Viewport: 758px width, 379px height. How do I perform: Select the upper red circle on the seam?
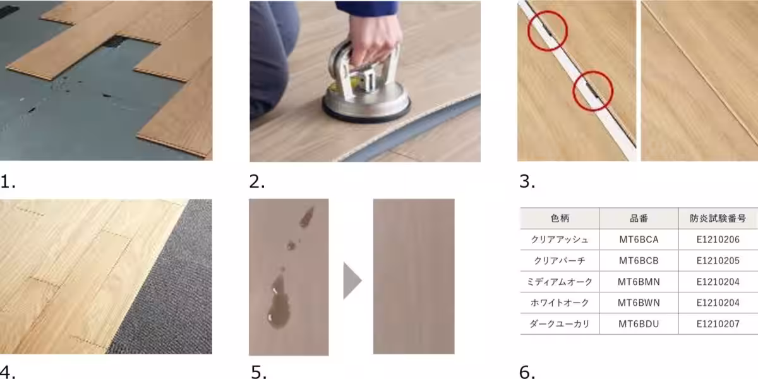click(x=548, y=31)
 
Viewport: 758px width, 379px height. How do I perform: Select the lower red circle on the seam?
click(x=593, y=91)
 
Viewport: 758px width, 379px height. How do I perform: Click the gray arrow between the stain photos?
click(x=352, y=280)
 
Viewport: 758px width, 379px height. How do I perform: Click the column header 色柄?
click(x=560, y=219)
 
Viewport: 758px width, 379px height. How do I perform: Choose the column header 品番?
click(x=639, y=219)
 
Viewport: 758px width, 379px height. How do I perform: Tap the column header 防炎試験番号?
click(x=718, y=219)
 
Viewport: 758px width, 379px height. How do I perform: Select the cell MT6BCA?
click(x=639, y=239)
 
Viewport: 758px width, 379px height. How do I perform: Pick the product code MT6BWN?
click(x=639, y=303)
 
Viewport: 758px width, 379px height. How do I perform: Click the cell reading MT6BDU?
click(x=639, y=324)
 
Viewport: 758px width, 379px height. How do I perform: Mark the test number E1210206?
click(x=718, y=239)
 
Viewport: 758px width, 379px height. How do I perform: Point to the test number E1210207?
click(x=718, y=324)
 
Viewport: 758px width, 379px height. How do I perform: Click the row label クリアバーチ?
click(x=560, y=260)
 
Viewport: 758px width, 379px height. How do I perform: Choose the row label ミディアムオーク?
click(x=560, y=282)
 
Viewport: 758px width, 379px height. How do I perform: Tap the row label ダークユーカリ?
click(x=560, y=324)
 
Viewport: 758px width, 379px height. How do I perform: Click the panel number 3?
click(x=527, y=182)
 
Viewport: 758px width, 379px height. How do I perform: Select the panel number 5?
click(x=258, y=372)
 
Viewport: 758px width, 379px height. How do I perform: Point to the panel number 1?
click(x=8, y=182)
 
